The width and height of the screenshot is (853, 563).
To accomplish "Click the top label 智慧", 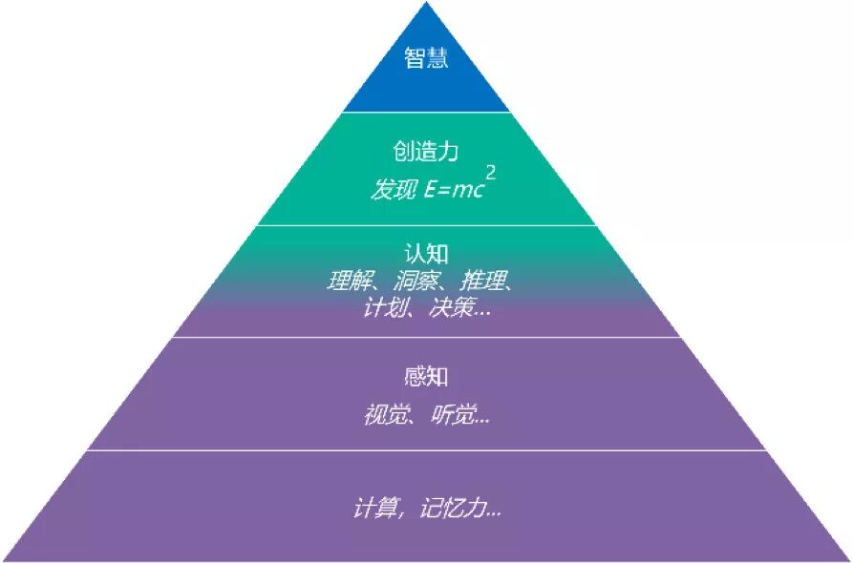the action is pos(426,57).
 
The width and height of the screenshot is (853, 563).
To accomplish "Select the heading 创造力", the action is pos(426,151).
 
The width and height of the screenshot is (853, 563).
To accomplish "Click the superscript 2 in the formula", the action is pos(491,174).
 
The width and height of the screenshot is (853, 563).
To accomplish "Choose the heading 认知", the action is pos(426,253).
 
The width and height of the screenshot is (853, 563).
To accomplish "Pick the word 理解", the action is pos(349,281).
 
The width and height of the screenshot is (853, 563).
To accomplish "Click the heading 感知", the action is pos(426,376).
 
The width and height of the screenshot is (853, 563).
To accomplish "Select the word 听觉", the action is pos(453,415).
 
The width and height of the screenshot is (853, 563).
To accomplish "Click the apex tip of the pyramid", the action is pos(426,2).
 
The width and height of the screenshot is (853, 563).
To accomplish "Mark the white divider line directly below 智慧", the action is pos(426,112).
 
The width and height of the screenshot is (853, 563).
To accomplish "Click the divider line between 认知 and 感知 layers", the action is pos(426,337).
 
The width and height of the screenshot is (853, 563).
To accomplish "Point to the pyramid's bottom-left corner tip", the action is pos(2,561).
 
